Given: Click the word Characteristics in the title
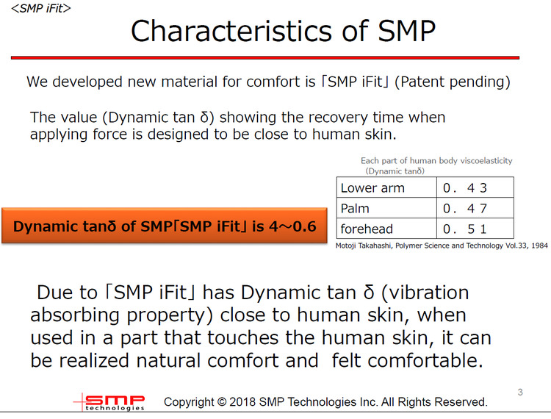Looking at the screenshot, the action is pos(231,31).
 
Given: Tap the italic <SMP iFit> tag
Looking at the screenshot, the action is pos(40,8).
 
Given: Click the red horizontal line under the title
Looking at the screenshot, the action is pos(265,57).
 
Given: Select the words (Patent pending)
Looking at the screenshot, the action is pos(453,82).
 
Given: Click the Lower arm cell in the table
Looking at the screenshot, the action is pos(372,188).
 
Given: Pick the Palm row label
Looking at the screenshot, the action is pos(355,209).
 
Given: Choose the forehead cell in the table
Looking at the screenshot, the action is pos(367,229).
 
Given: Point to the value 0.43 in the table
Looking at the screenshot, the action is pos(465,188).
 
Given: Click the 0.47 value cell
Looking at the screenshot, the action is pos(465,209).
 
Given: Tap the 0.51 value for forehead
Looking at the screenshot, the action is pos(465,229).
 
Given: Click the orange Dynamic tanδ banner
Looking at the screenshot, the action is pos(165,226).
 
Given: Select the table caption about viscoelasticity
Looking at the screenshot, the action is pos(436,165).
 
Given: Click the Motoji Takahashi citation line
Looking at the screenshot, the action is pos(442,246).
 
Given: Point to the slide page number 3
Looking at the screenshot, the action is pos(520,392).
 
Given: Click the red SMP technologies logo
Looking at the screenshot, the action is pos(109,402).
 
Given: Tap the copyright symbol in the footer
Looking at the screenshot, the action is pos(221,402).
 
